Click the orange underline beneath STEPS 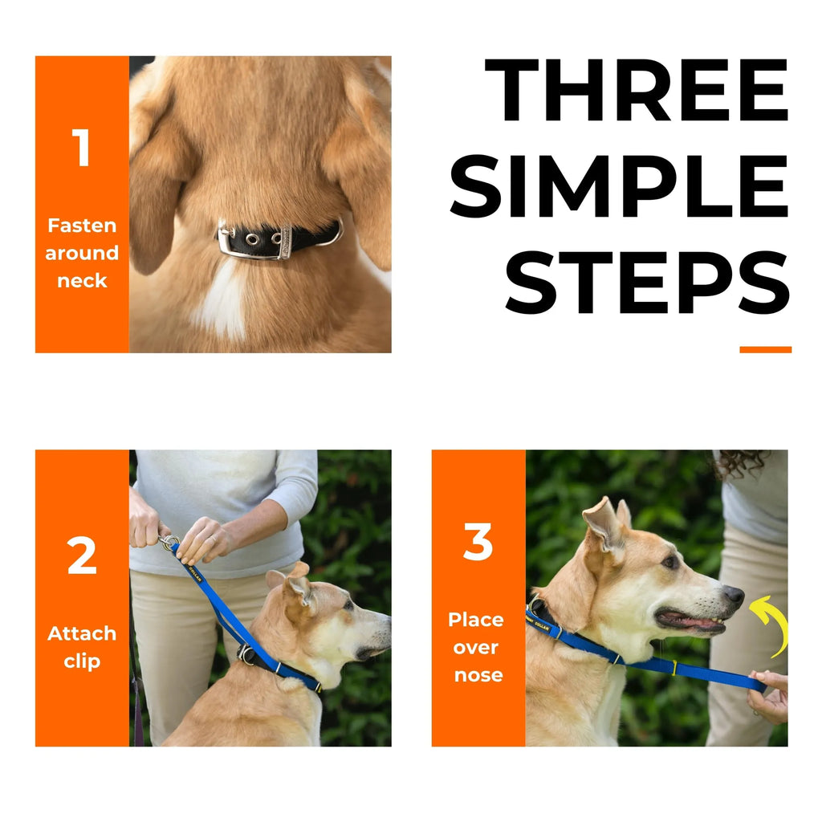(765, 349)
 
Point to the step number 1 (81, 149)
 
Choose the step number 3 (478, 543)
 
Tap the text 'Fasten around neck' (81, 253)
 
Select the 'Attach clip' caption (81, 647)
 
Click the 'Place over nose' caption (478, 647)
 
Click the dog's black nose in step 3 (733, 595)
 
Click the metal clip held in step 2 (169, 543)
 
